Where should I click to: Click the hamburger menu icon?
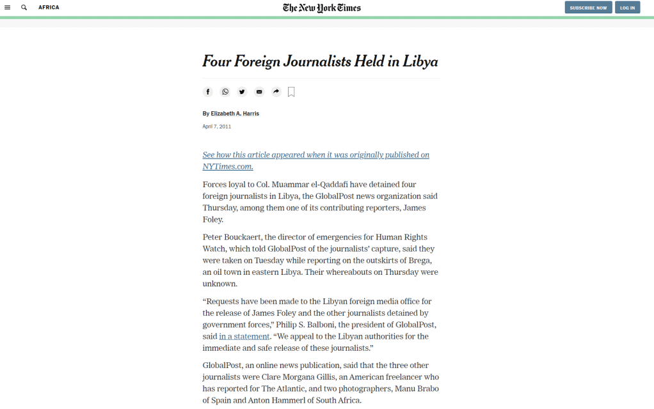[8, 8]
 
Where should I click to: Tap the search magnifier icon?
[24, 8]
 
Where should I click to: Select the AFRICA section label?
[49, 8]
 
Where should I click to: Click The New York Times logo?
[322, 8]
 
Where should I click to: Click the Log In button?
[627, 8]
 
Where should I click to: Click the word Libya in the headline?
[420, 61]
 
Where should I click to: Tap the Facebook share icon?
[208, 92]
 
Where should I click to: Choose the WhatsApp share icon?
[225, 92]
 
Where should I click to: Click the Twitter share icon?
[242, 92]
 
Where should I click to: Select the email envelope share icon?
[259, 92]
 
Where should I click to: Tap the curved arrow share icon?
[276, 92]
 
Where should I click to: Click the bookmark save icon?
[291, 92]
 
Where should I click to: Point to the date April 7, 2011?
[217, 127]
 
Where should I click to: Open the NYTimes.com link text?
[228, 167]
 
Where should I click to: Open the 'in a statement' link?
[244, 336]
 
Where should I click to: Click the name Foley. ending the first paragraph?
[213, 219]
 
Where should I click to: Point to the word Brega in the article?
[422, 260]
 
